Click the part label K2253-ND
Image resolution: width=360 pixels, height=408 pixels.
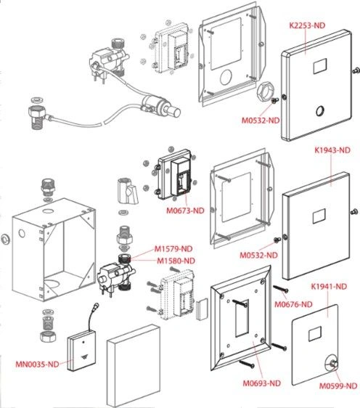coord(307,25)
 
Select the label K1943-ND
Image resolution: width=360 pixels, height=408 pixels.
coord(332,150)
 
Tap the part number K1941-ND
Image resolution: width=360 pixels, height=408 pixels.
coord(329,287)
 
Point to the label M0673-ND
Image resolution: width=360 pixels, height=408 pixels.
coord(185,211)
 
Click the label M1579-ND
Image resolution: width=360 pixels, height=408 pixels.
coord(173,249)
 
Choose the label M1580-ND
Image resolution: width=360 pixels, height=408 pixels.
coord(176,261)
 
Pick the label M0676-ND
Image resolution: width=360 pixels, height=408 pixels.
coord(293,304)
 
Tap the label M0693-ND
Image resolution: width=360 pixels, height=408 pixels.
coord(262,383)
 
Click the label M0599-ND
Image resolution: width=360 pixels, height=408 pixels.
coord(338,386)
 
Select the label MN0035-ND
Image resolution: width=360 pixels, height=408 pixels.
coord(37,364)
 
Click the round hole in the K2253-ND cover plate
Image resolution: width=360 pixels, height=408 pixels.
coord(320,111)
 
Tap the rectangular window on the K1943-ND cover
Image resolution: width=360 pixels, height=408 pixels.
coord(319,216)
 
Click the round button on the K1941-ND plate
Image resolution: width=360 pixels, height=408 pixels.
coord(332,363)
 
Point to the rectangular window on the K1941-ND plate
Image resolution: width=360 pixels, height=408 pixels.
coord(315,334)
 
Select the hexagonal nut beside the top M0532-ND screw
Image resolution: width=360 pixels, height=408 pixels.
coord(264,91)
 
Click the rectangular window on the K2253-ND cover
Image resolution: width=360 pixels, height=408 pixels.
coord(320,66)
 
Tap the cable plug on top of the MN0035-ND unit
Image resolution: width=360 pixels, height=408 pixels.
coord(97,306)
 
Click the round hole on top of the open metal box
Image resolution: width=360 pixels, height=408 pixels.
coord(48,211)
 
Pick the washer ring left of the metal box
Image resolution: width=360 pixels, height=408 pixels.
coord(6,239)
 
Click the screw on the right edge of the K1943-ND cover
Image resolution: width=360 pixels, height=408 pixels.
coord(354,212)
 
